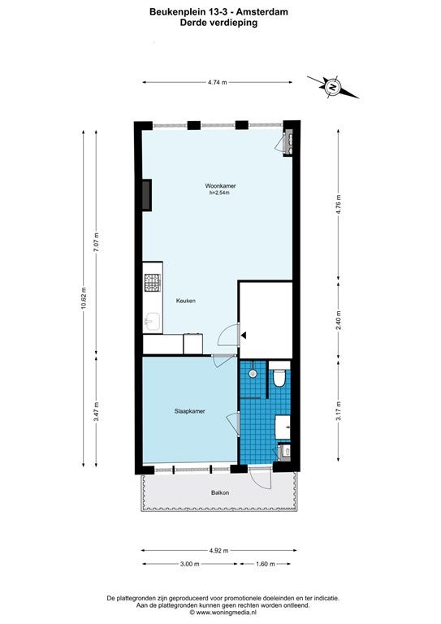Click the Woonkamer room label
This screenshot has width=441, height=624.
[220, 186]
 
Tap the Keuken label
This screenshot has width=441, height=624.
[186, 301]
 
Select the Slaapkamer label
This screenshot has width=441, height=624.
[190, 411]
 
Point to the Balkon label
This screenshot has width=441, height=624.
[220, 492]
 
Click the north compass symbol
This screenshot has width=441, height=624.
[332, 86]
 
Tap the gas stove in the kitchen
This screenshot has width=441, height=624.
[153, 283]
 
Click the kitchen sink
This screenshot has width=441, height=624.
[153, 322]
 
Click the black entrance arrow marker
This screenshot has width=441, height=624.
[244, 336]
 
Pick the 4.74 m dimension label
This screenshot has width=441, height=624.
[217, 82]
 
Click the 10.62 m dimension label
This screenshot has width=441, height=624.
[83, 297]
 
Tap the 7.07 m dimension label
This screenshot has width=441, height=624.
[96, 242]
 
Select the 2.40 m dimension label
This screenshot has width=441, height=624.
[339, 320]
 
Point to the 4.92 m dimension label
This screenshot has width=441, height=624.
[218, 551]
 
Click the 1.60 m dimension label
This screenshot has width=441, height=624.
[266, 564]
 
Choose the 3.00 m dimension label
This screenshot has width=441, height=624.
[189, 564]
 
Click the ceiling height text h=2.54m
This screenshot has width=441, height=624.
[220, 193]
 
